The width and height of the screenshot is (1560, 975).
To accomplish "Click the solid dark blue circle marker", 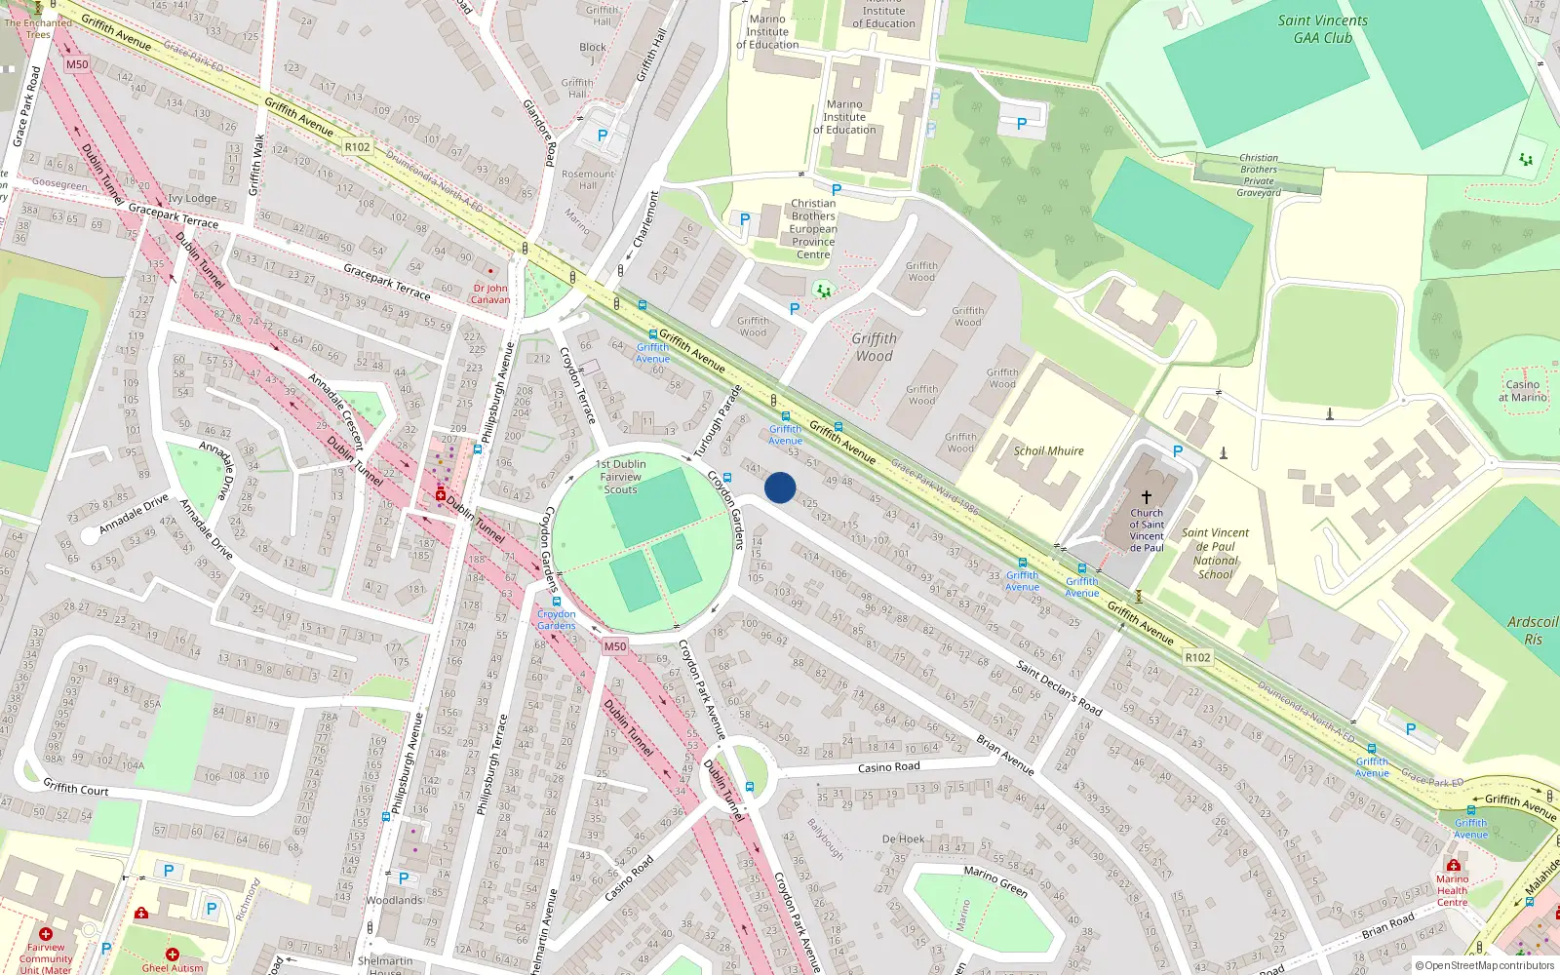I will point(780,487).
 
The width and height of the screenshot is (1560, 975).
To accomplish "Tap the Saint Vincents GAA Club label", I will point(1322,29).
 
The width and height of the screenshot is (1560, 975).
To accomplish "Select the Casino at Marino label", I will point(1523,390).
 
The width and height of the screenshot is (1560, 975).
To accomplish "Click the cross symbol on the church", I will point(1147,497).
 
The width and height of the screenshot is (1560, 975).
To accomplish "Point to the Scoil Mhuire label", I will point(1048,450).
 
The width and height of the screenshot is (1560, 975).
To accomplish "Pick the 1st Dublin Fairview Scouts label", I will point(621,477).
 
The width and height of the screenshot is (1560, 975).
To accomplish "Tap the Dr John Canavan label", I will point(490,293).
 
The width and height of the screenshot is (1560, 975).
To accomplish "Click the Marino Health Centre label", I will point(1452,890).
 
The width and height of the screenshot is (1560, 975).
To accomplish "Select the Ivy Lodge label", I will point(192,198).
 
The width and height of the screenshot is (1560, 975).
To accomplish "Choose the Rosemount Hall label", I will point(588,179).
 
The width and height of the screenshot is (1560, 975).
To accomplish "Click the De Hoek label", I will point(903,838).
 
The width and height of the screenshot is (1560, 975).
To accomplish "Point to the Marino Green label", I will point(995,881).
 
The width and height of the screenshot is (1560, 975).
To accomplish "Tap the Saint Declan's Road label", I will point(1059,687).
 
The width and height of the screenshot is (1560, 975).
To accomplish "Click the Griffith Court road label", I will point(76,787).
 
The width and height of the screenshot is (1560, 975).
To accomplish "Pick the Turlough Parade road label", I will point(719,421).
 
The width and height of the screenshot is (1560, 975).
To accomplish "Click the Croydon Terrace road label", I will point(577,385).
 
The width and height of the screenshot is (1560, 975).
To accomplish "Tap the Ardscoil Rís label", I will point(1532,630).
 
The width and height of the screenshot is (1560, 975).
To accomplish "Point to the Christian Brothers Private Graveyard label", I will point(1259,175).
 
